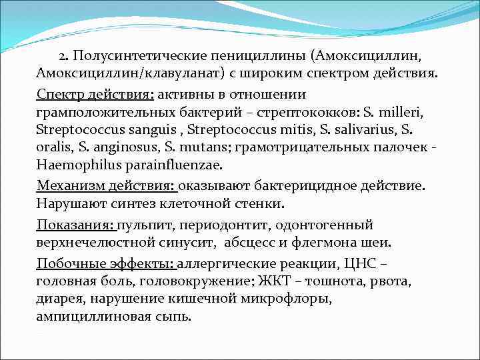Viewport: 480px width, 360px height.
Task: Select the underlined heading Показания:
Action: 75,225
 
